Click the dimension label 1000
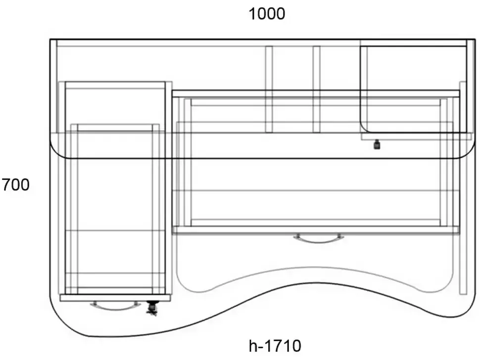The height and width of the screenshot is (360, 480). click(x=267, y=14)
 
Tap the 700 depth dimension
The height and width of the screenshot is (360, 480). click(x=16, y=185)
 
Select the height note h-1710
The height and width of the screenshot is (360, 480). click(x=275, y=346)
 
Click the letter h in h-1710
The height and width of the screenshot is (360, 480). click(x=253, y=346)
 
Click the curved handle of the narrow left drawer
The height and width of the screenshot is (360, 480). click(x=116, y=307)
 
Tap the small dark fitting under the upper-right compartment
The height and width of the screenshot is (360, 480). click(x=377, y=144)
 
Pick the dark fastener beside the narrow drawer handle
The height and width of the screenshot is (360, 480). click(x=151, y=308)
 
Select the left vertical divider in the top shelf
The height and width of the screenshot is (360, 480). click(x=269, y=90)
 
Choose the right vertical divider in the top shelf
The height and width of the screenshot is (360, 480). click(x=317, y=90)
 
